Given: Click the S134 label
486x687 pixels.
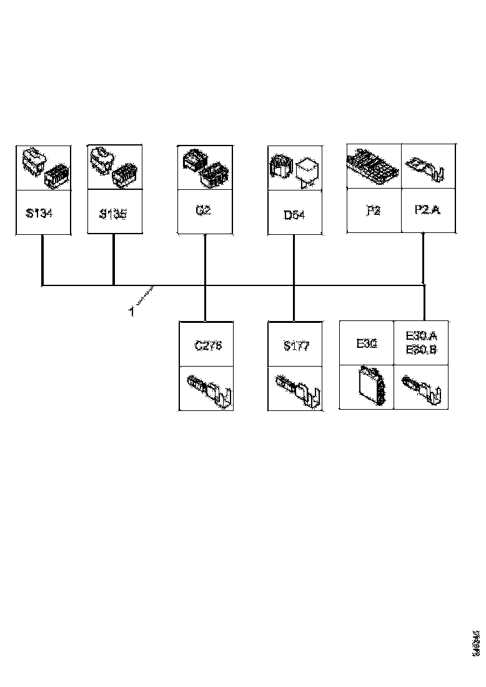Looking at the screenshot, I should click(x=39, y=214).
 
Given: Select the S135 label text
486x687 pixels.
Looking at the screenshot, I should click(x=113, y=214).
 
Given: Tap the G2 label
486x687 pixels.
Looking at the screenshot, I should click(x=203, y=210).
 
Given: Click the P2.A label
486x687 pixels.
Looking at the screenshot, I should click(x=427, y=210).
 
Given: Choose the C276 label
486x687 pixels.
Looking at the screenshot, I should click(x=208, y=345).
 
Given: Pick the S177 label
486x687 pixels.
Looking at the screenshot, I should click(x=296, y=347).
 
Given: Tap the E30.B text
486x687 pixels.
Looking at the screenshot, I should click(x=421, y=350).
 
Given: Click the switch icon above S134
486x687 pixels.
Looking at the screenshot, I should click(x=43, y=167).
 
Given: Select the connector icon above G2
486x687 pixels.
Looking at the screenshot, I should click(x=205, y=167).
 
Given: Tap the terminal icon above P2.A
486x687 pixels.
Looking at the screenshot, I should click(x=427, y=167).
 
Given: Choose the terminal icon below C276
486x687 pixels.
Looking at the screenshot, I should click(x=209, y=389).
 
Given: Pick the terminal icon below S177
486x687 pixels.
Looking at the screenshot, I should click(x=297, y=389).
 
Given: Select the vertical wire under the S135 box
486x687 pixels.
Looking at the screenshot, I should click(x=113, y=259).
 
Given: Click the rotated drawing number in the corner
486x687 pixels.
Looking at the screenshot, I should click(x=476, y=642).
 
